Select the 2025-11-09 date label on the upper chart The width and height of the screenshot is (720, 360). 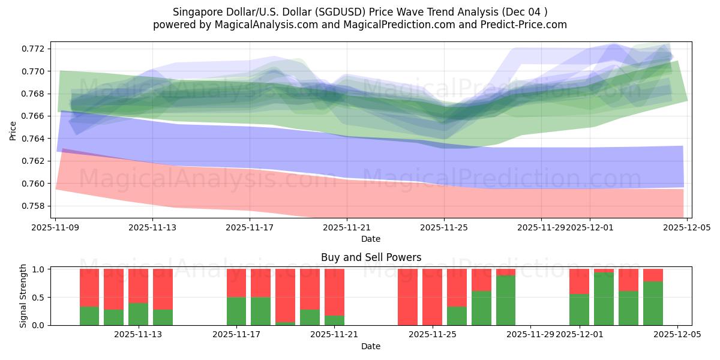pos(55,227)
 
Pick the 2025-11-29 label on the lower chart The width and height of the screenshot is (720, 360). pos(530,335)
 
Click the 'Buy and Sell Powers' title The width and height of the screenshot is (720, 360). pos(371,257)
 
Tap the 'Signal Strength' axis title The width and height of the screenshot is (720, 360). pos(23,296)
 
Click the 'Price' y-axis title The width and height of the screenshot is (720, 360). pos(13,130)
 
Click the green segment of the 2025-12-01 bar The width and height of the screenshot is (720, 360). pos(579,310)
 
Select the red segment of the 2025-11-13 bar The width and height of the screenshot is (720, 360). pos(138,286)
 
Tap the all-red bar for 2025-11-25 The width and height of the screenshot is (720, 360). pos(432,297)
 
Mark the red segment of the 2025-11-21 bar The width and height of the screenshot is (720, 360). pos(334,292)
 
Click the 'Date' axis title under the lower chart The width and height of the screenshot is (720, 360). pos(370,346)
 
